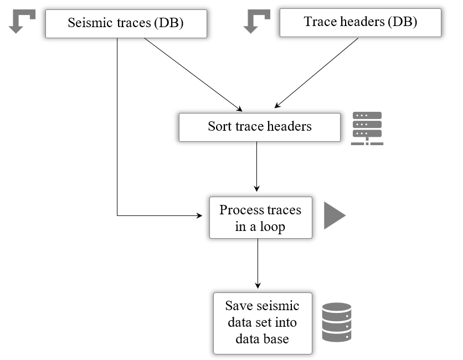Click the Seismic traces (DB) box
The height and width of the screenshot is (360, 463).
[126, 23]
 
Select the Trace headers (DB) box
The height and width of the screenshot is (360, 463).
[360, 23]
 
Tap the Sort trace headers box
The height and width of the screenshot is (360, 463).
[259, 127]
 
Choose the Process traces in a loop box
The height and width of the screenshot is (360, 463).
[260, 218]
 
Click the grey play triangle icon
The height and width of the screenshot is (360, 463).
[333, 215]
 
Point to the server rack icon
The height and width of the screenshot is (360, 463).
[367, 128]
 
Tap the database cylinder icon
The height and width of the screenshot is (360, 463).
[337, 322]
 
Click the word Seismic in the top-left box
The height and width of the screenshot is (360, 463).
[87, 23]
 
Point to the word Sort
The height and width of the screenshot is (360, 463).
[220, 127]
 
